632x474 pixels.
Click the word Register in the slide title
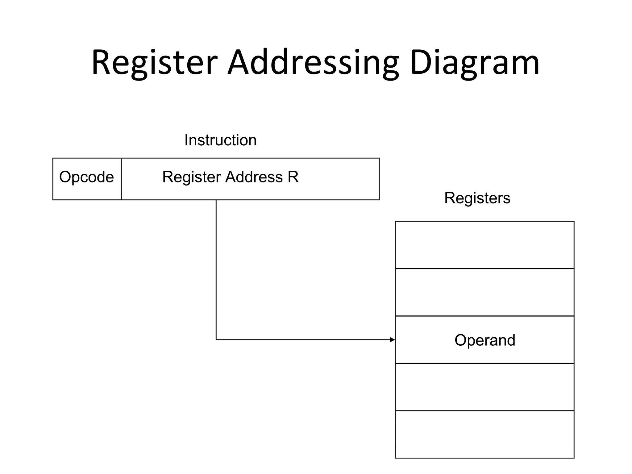click(x=154, y=63)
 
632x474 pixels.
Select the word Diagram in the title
click(x=475, y=63)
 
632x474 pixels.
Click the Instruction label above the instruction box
click(x=220, y=140)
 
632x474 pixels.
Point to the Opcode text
click(x=86, y=177)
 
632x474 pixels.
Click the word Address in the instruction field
click(x=254, y=177)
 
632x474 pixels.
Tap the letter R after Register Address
click(x=293, y=177)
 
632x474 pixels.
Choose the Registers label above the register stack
click(x=477, y=198)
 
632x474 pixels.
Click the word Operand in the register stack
click(x=485, y=340)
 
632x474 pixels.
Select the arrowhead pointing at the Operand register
click(x=392, y=340)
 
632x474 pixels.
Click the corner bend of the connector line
click(x=216, y=340)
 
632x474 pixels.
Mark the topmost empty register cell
click(x=484, y=245)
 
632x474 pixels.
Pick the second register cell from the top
click(x=484, y=292)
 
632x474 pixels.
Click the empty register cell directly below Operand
click(x=484, y=387)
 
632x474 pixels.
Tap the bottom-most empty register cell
click(x=484, y=434)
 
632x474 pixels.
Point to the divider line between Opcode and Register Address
click(x=121, y=179)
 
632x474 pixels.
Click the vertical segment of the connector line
click(x=216, y=268)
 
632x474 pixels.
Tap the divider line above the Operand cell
click(x=484, y=316)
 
